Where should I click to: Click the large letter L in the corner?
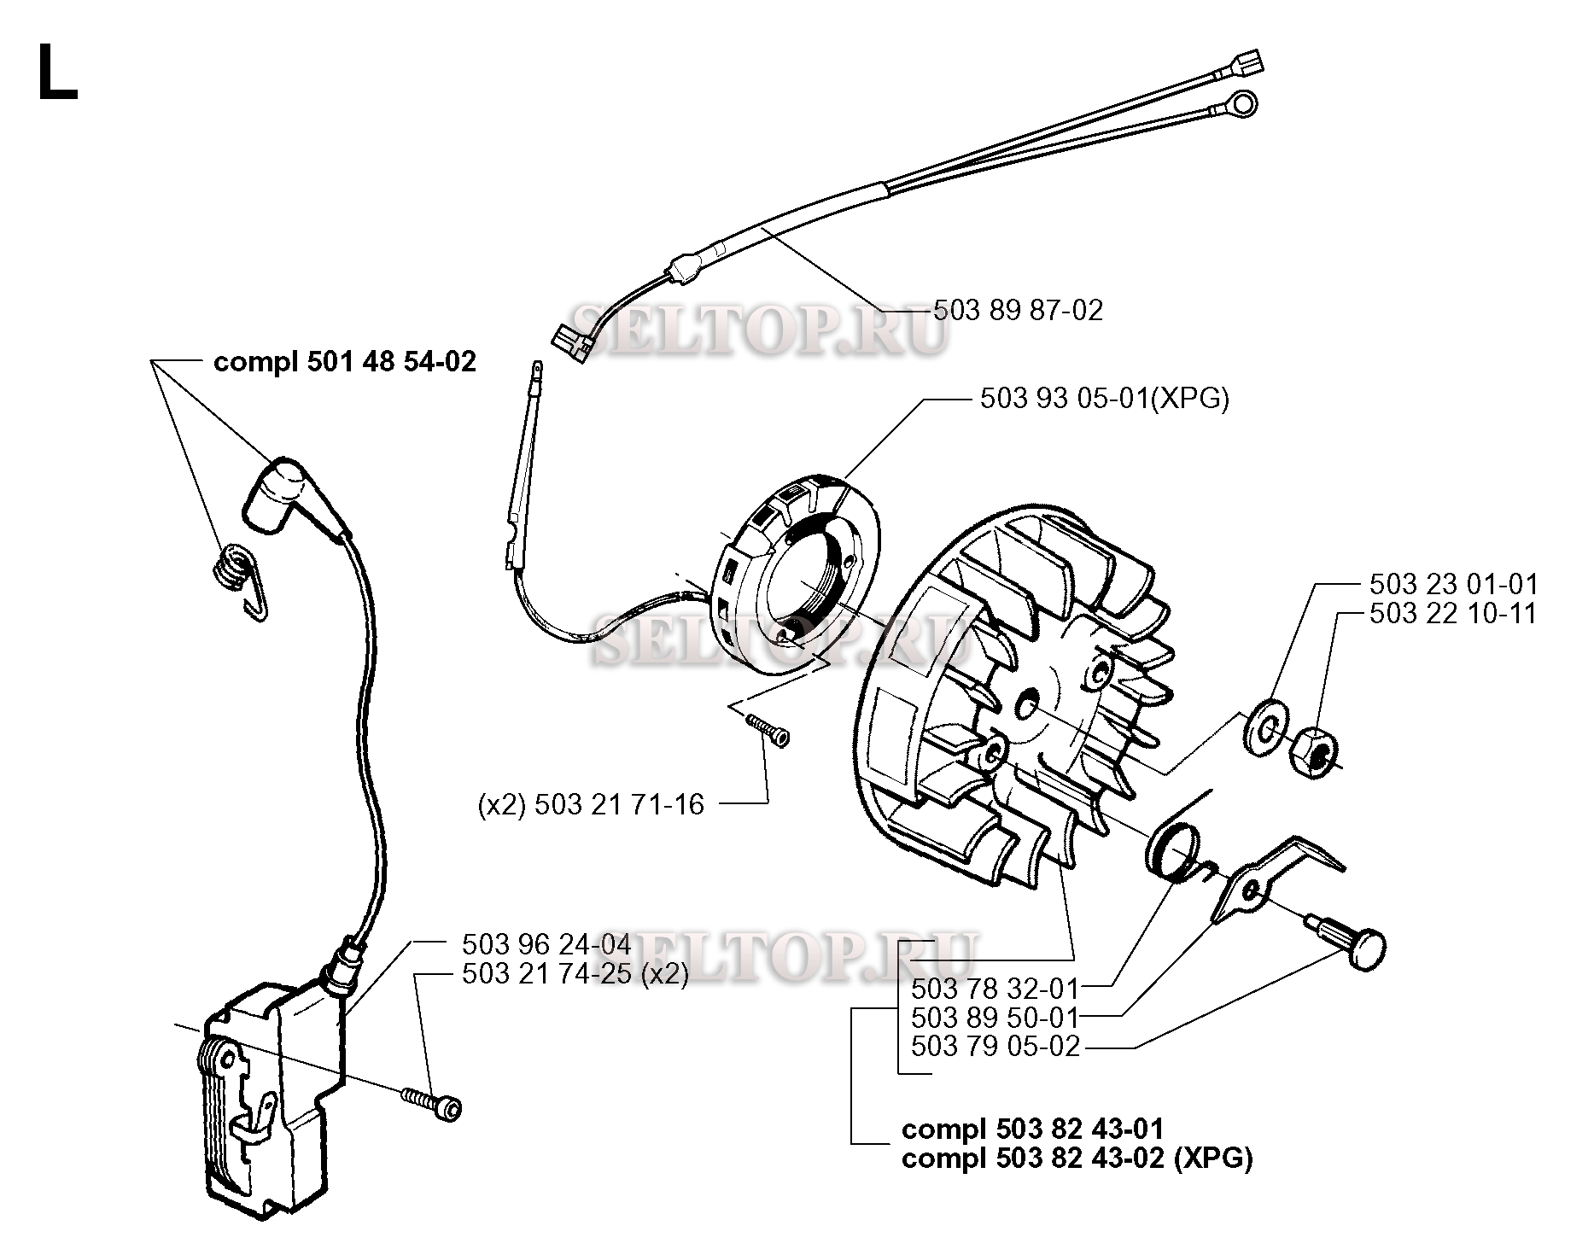pos(56,74)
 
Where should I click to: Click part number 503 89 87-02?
pos(1018,310)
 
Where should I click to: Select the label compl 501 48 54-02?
pos(344,362)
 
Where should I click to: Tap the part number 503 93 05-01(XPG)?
pos(1104,399)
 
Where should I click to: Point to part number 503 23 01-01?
pos(1453,585)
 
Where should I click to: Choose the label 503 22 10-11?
pos(1453,614)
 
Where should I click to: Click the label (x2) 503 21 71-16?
pos(591,804)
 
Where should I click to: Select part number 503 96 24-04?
pos(546,944)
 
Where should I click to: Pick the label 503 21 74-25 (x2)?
pos(575,974)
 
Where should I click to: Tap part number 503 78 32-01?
pos(996,989)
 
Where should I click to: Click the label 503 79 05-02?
pos(996,1046)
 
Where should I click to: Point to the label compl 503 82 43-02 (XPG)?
pos(1077,1159)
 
